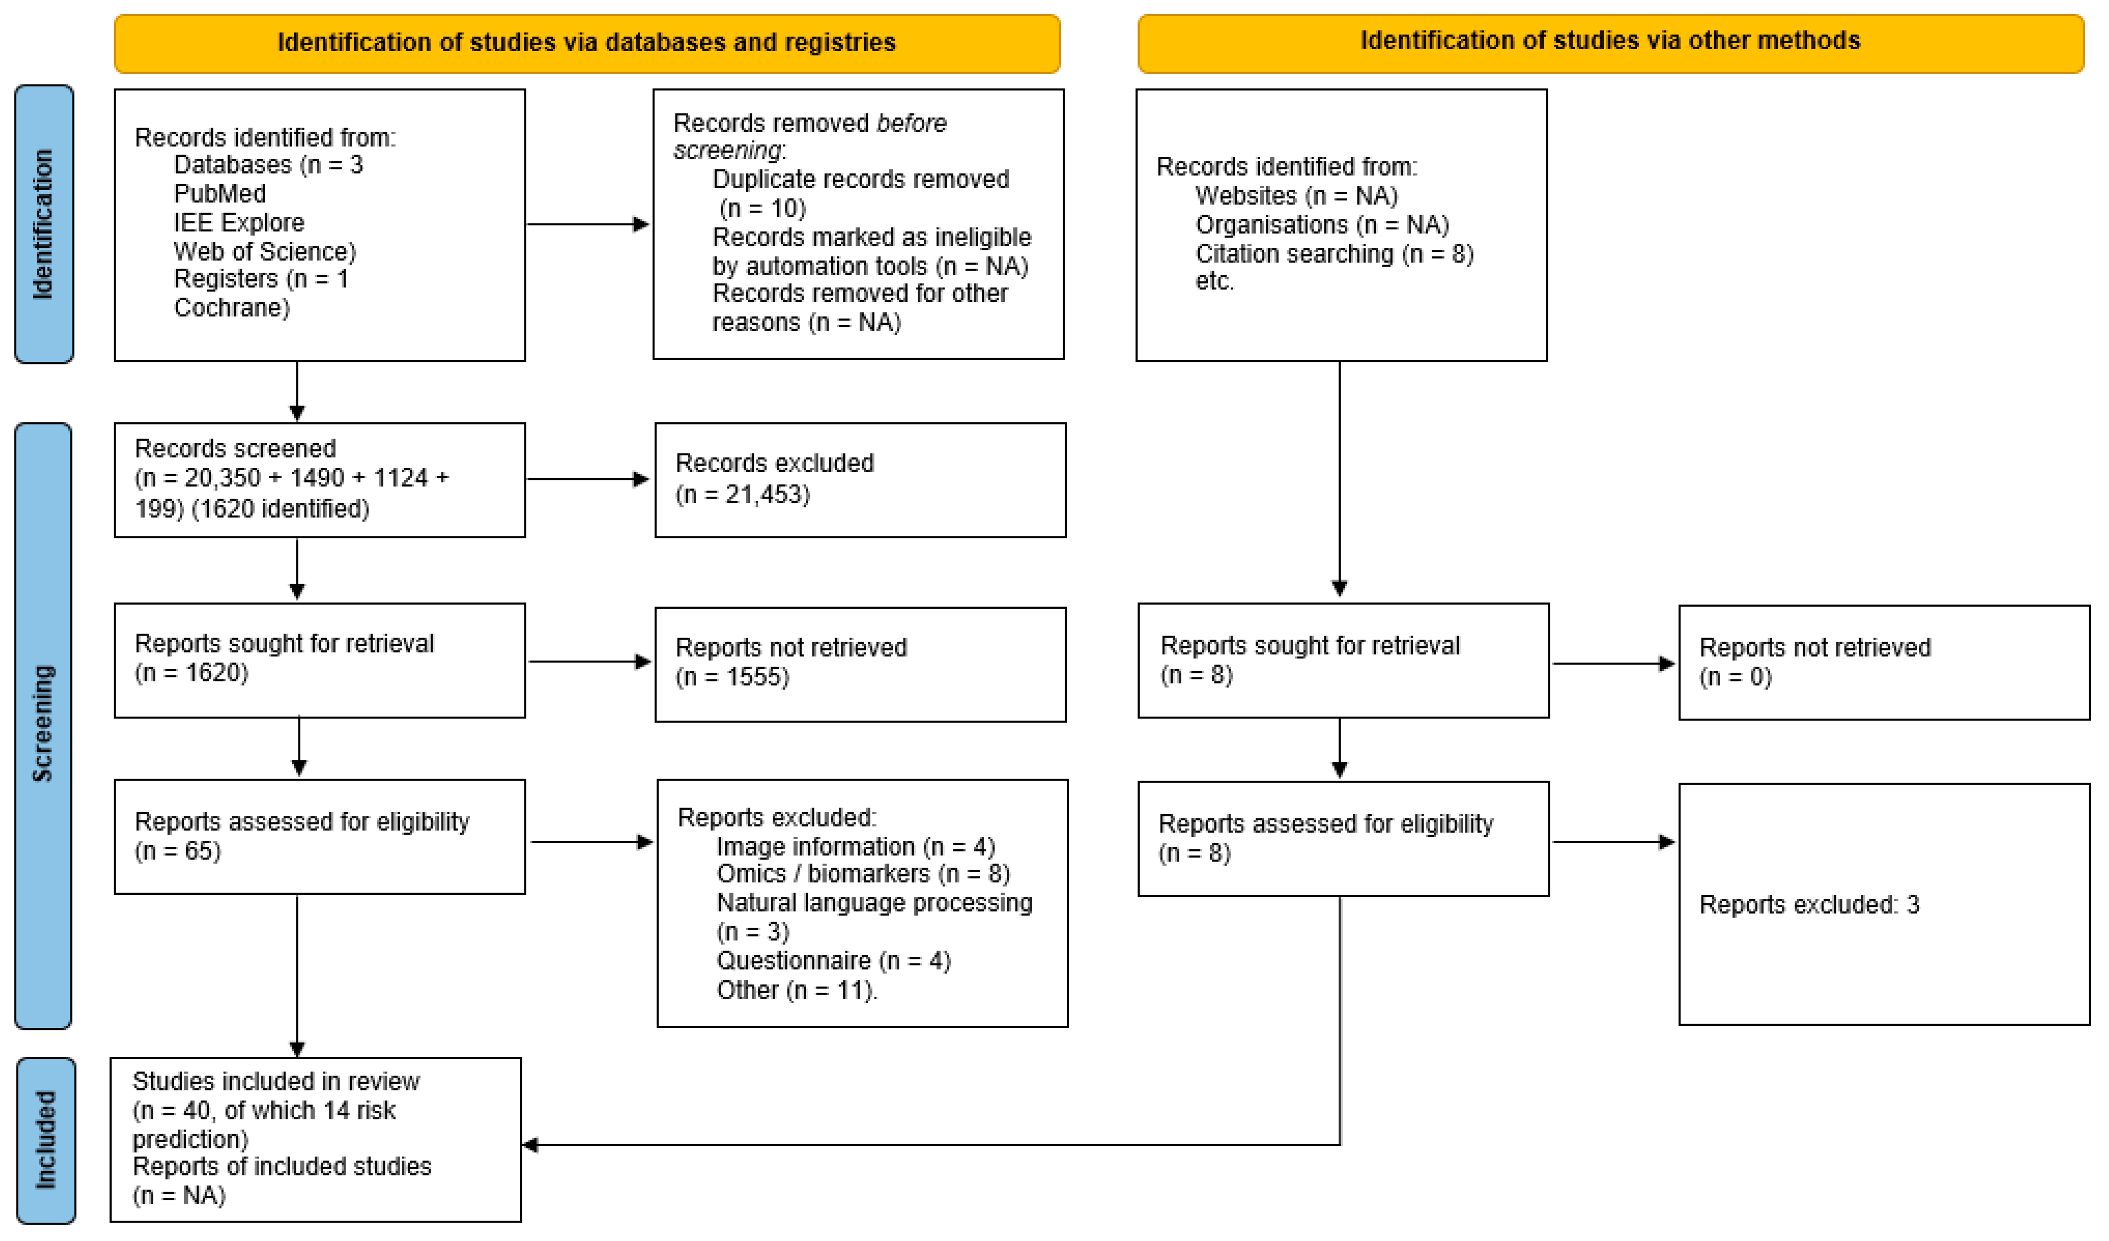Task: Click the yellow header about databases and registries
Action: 586,43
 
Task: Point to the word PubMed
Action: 219,193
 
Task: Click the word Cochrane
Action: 231,308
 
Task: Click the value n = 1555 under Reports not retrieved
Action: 732,676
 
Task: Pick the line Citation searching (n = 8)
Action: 1333,254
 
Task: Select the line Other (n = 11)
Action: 796,990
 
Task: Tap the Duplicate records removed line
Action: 861,179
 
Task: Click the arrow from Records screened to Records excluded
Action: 587,480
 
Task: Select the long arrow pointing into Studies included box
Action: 921,1145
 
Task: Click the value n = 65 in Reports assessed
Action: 177,851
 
